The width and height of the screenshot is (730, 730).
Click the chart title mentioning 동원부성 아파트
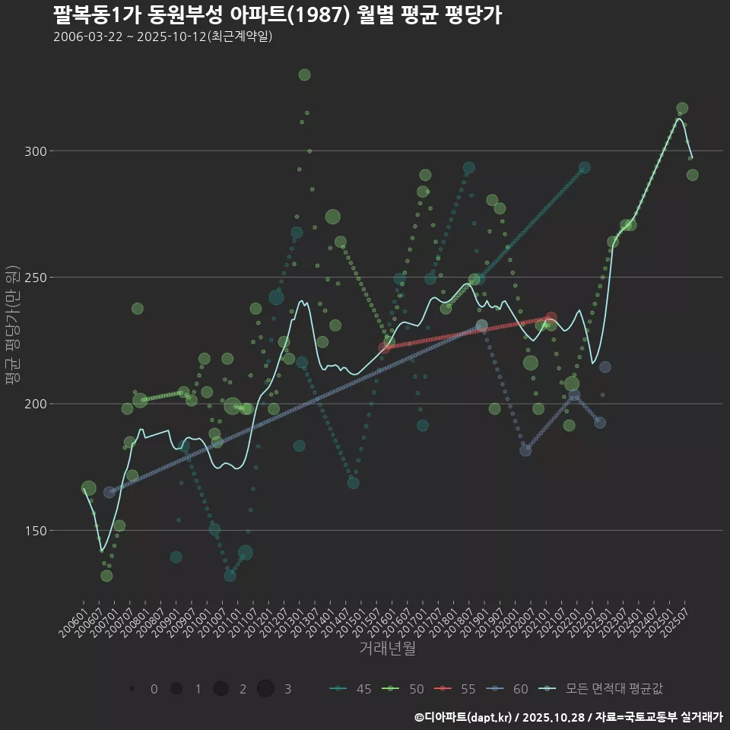277,15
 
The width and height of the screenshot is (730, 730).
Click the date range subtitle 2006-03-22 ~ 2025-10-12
163,36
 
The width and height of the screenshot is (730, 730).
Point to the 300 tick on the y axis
36,151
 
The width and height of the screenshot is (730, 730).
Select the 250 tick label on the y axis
36,278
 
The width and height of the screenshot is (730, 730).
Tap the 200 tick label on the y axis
36,404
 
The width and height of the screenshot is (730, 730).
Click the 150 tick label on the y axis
36,530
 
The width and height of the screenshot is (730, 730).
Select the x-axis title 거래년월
387,649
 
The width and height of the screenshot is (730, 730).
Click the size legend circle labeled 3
265,689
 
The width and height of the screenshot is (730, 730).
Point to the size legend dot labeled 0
132,689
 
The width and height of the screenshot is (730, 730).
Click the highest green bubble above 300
304,75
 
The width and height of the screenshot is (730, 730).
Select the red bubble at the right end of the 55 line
551,318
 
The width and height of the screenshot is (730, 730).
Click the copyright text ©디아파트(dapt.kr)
465,717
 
